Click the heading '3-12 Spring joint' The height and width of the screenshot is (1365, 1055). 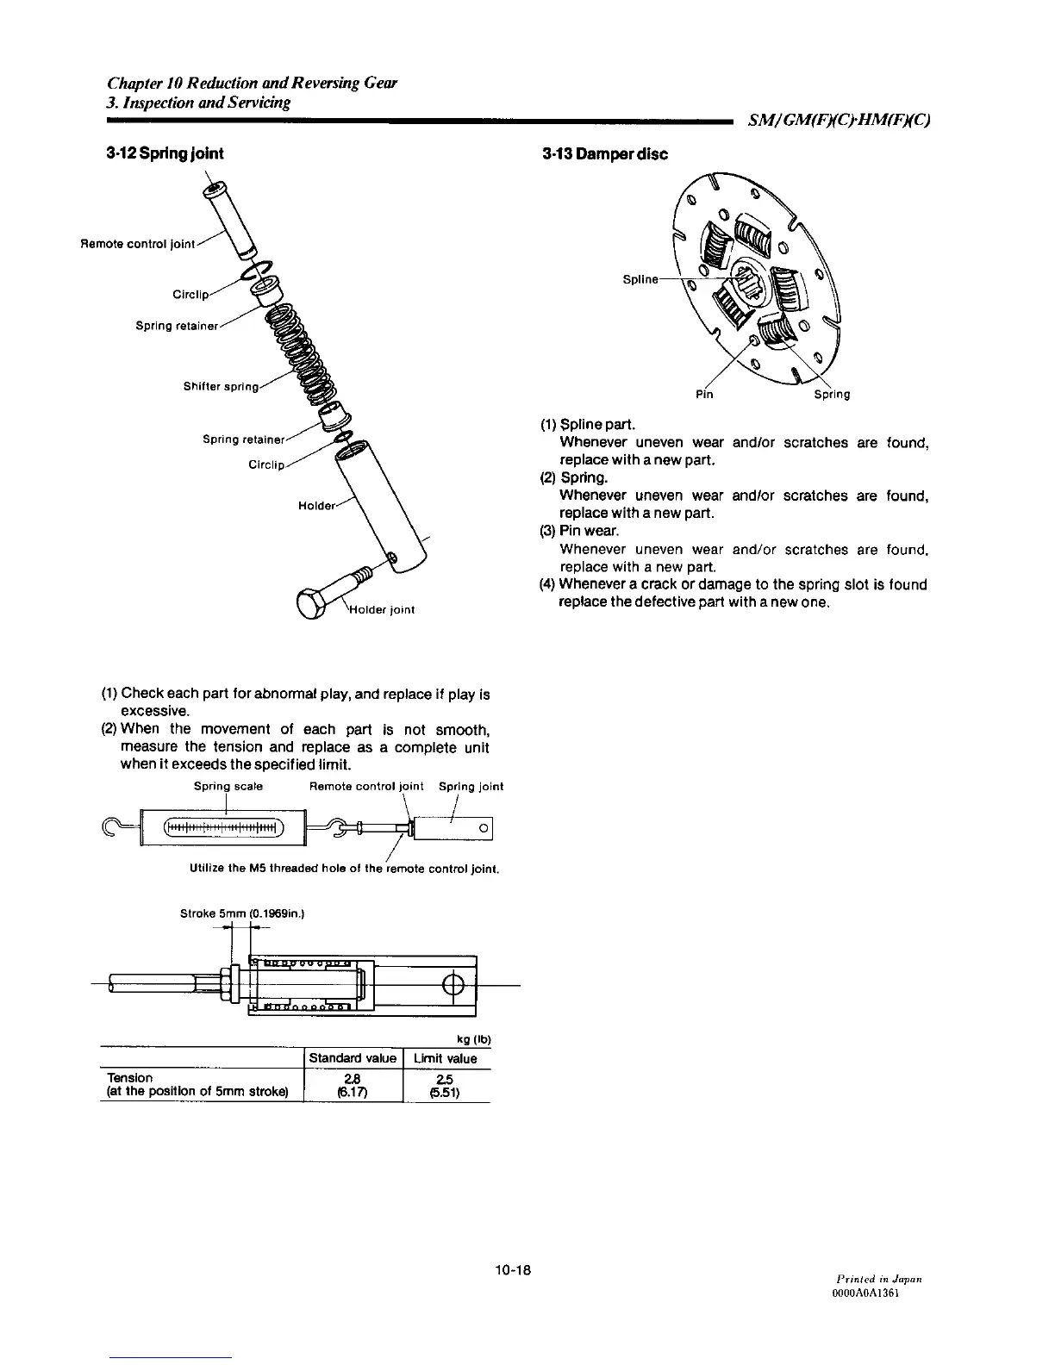click(164, 153)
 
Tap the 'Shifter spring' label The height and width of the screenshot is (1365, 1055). click(221, 386)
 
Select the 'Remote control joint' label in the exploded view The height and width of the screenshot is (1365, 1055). click(138, 244)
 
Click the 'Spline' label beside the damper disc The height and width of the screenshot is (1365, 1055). click(640, 279)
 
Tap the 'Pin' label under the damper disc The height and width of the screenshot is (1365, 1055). click(704, 395)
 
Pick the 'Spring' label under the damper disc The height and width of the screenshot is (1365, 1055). click(832, 395)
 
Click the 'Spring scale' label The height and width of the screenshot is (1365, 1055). click(228, 786)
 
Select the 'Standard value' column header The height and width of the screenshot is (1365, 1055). click(353, 1058)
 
